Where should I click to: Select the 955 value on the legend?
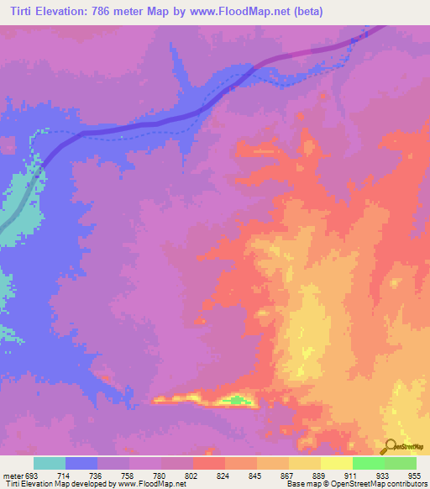click(415, 475)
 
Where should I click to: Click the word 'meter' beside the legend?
click(12, 475)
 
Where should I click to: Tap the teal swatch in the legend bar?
click(50, 463)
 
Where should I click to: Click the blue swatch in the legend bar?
click(81, 463)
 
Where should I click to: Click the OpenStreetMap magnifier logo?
click(391, 446)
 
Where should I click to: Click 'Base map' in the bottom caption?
click(301, 484)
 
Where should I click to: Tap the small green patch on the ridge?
click(241, 400)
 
